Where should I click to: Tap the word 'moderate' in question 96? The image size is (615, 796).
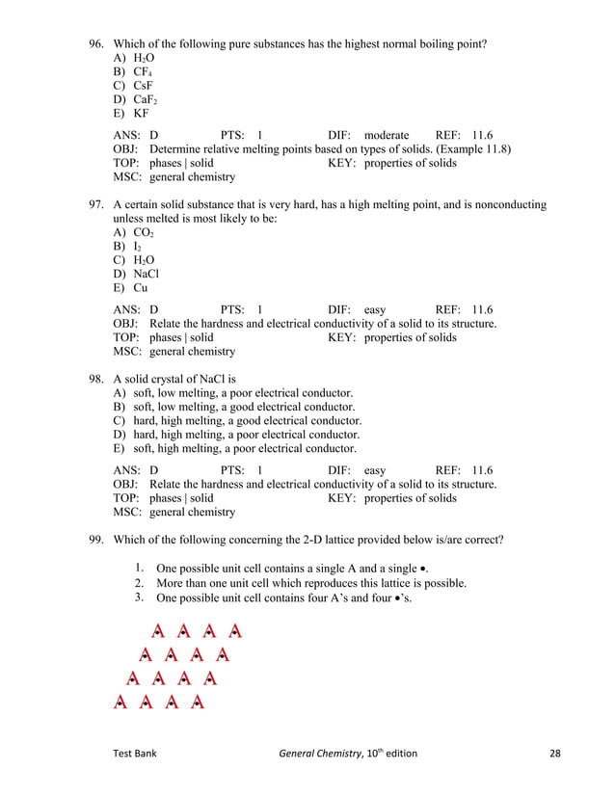tap(387, 136)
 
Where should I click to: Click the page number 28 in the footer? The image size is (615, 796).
tap(553, 754)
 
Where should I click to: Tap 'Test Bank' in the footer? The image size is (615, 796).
tap(135, 754)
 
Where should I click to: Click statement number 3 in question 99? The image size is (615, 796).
tap(140, 597)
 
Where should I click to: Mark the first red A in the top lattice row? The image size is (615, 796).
tap(158, 633)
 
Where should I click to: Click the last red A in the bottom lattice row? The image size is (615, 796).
tap(198, 703)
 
